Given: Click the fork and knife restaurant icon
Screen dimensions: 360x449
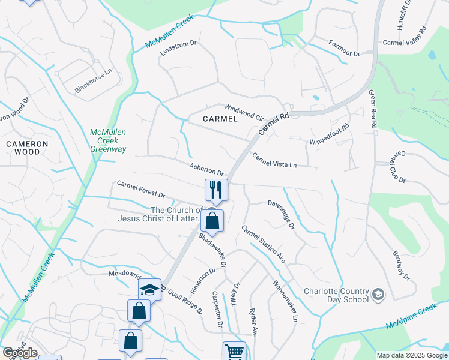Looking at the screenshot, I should (x=216, y=190).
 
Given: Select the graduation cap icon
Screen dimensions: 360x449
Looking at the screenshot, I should (x=149, y=290).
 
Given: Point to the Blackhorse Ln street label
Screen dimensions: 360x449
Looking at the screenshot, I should (x=94, y=81).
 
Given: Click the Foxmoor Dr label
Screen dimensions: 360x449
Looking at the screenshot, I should (x=344, y=49).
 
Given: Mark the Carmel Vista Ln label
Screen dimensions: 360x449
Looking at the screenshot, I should (x=274, y=160).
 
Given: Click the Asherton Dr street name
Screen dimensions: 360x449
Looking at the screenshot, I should (x=206, y=169).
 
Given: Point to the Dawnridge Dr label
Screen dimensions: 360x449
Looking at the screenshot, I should (x=281, y=214).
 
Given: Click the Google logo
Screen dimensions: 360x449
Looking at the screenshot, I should (x=20, y=353).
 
